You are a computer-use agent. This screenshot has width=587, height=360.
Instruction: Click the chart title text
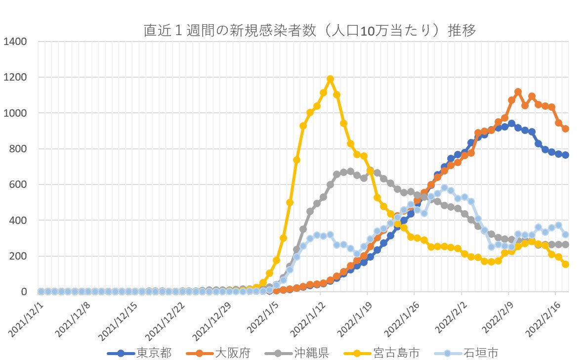pos(309,31)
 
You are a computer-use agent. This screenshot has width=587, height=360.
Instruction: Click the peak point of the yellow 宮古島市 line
pos(330,79)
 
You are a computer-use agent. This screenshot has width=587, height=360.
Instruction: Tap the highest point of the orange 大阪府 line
pos(518,92)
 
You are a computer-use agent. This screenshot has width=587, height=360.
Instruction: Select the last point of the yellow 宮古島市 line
pos(565,264)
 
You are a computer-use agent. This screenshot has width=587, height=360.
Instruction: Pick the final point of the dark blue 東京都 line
pos(565,155)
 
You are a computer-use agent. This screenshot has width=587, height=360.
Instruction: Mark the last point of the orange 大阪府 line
pos(565,129)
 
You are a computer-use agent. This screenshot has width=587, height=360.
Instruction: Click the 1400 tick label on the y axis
pos(15,42)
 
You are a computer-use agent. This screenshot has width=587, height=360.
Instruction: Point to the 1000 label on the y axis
pos(15,113)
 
